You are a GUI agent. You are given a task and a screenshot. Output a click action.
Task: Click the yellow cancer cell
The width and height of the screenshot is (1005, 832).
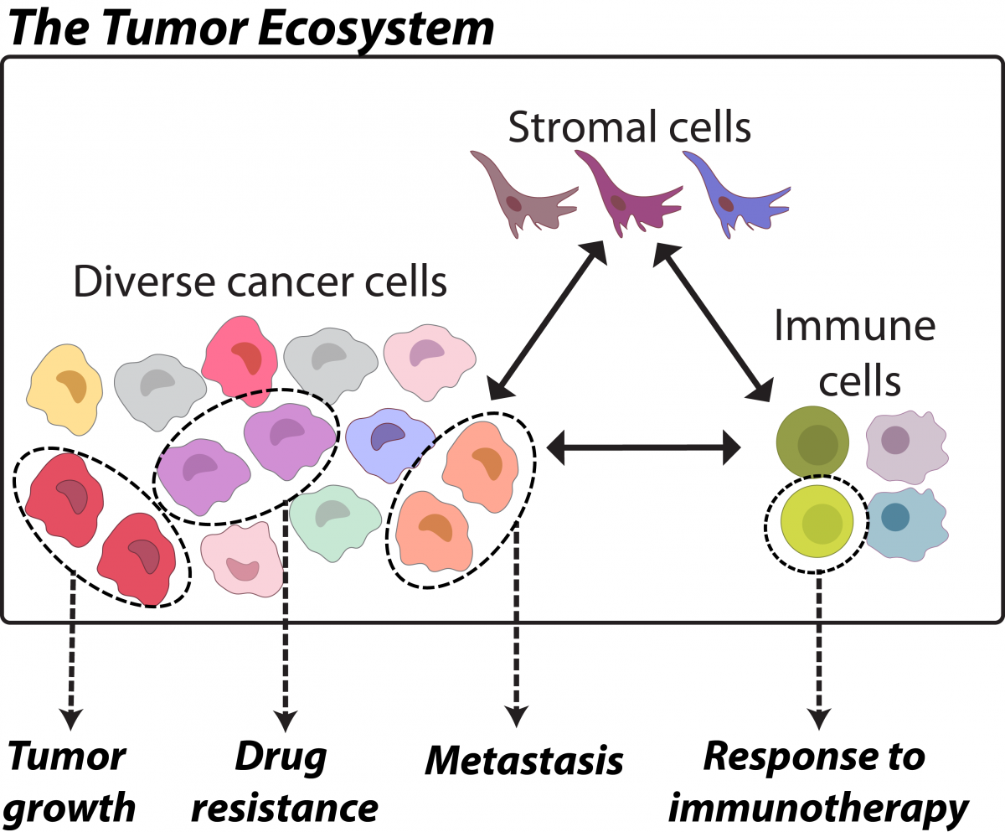pyautogui.click(x=64, y=389)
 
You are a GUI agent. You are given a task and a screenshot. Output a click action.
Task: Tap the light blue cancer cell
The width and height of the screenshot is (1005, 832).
pyautogui.click(x=390, y=446)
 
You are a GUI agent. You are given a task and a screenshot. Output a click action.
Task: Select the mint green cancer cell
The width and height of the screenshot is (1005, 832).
pyautogui.click(x=335, y=522)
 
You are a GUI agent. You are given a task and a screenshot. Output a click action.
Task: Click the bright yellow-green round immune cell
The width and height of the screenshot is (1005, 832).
pyautogui.click(x=817, y=521)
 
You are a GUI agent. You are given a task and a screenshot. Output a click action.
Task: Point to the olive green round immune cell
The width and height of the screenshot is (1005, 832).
pyautogui.click(x=812, y=442)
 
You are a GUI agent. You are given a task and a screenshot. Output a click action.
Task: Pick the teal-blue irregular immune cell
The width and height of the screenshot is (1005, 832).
pyautogui.click(x=907, y=525)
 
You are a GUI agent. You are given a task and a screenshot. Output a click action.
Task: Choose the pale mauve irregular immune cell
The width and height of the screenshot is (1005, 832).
pyautogui.click(x=907, y=447)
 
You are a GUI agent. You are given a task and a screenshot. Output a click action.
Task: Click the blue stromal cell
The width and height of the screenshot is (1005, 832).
pyautogui.click(x=735, y=195)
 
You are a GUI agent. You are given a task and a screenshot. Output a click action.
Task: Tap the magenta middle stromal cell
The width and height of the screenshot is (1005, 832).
pyautogui.click(x=628, y=194)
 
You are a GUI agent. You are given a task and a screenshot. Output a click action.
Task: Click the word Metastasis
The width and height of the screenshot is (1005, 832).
pyautogui.click(x=524, y=762)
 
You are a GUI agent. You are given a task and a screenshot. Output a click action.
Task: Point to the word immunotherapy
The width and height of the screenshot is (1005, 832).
pyautogui.click(x=818, y=809)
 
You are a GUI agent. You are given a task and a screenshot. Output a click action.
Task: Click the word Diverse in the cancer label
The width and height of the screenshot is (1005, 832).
pyautogui.click(x=144, y=282)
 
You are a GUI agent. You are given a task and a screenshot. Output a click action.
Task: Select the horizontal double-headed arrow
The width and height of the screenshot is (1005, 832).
pyautogui.click(x=643, y=447)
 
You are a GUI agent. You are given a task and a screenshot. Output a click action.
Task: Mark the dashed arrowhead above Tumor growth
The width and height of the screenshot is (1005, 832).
pyautogui.click(x=71, y=720)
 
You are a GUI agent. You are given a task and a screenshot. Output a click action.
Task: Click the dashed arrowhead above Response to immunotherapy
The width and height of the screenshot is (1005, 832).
pyautogui.click(x=819, y=720)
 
